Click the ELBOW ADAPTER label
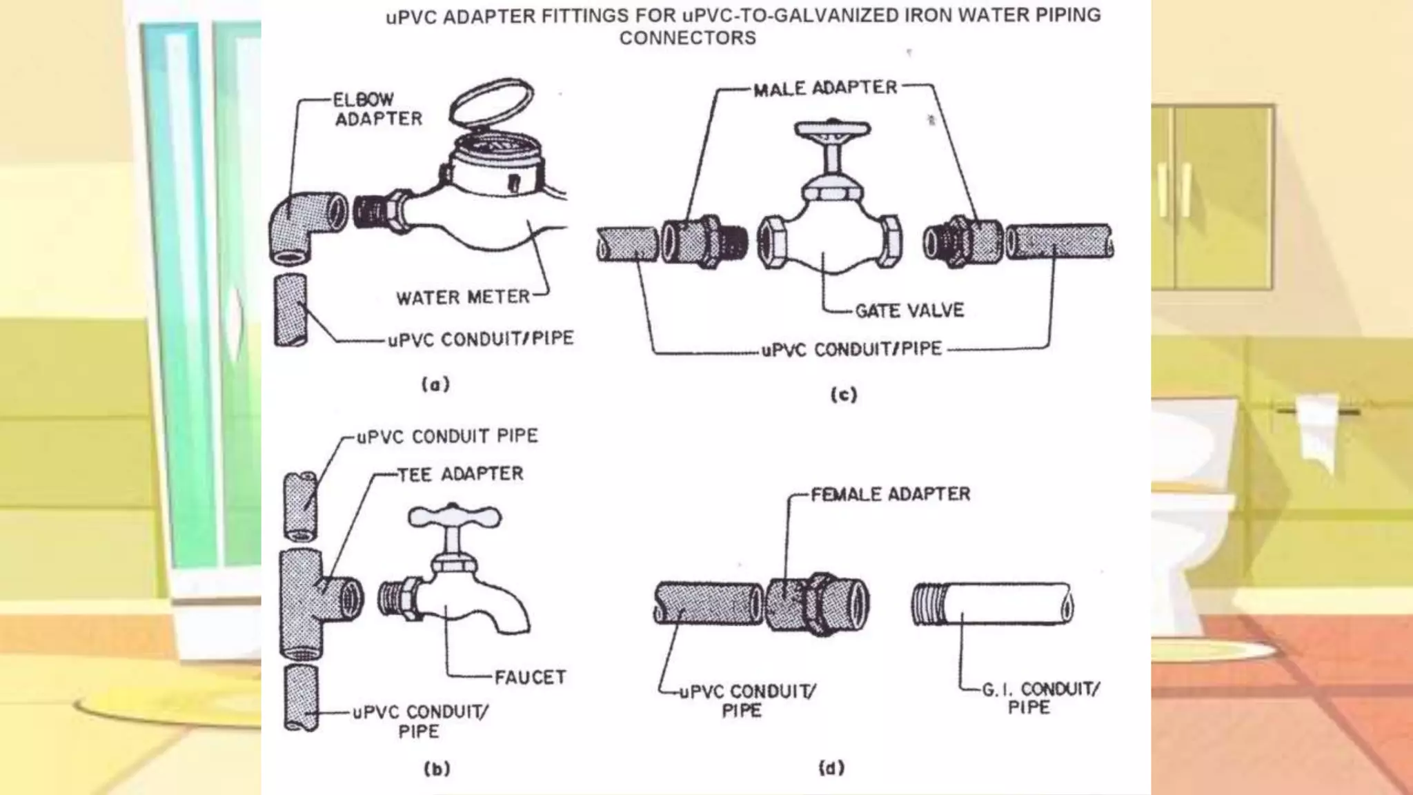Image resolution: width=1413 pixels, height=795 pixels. (377, 109)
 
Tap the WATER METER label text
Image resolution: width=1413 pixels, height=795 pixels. (462, 297)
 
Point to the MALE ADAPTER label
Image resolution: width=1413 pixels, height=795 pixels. (825, 88)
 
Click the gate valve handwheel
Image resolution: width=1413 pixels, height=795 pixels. (833, 130)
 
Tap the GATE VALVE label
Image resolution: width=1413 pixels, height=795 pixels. (909, 311)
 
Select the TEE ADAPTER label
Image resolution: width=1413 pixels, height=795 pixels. (460, 474)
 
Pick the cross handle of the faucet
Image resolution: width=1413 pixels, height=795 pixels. (454, 516)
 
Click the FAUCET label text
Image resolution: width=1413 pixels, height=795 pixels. (530, 677)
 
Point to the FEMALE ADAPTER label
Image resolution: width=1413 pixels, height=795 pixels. (890, 494)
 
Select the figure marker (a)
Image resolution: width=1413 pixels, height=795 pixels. (435, 384)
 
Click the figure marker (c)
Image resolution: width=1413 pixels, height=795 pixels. (843, 395)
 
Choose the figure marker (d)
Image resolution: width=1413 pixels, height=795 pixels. (831, 767)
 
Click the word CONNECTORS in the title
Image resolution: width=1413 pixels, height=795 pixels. (687, 38)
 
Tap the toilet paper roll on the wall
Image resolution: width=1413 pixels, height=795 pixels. (1316, 428)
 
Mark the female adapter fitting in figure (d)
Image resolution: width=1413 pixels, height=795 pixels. (818, 604)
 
